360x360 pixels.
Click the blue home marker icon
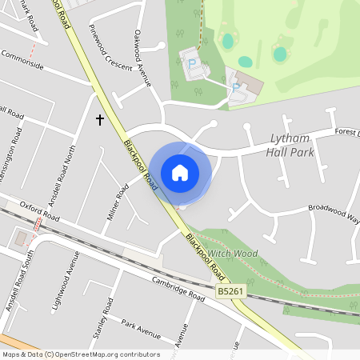(180, 172)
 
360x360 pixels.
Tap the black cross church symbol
(100, 120)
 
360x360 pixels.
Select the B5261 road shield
(230, 293)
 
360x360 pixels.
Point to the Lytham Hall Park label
(292, 144)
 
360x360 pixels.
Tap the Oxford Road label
(40, 210)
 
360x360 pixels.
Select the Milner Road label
(118, 202)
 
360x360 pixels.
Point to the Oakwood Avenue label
(142, 56)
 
